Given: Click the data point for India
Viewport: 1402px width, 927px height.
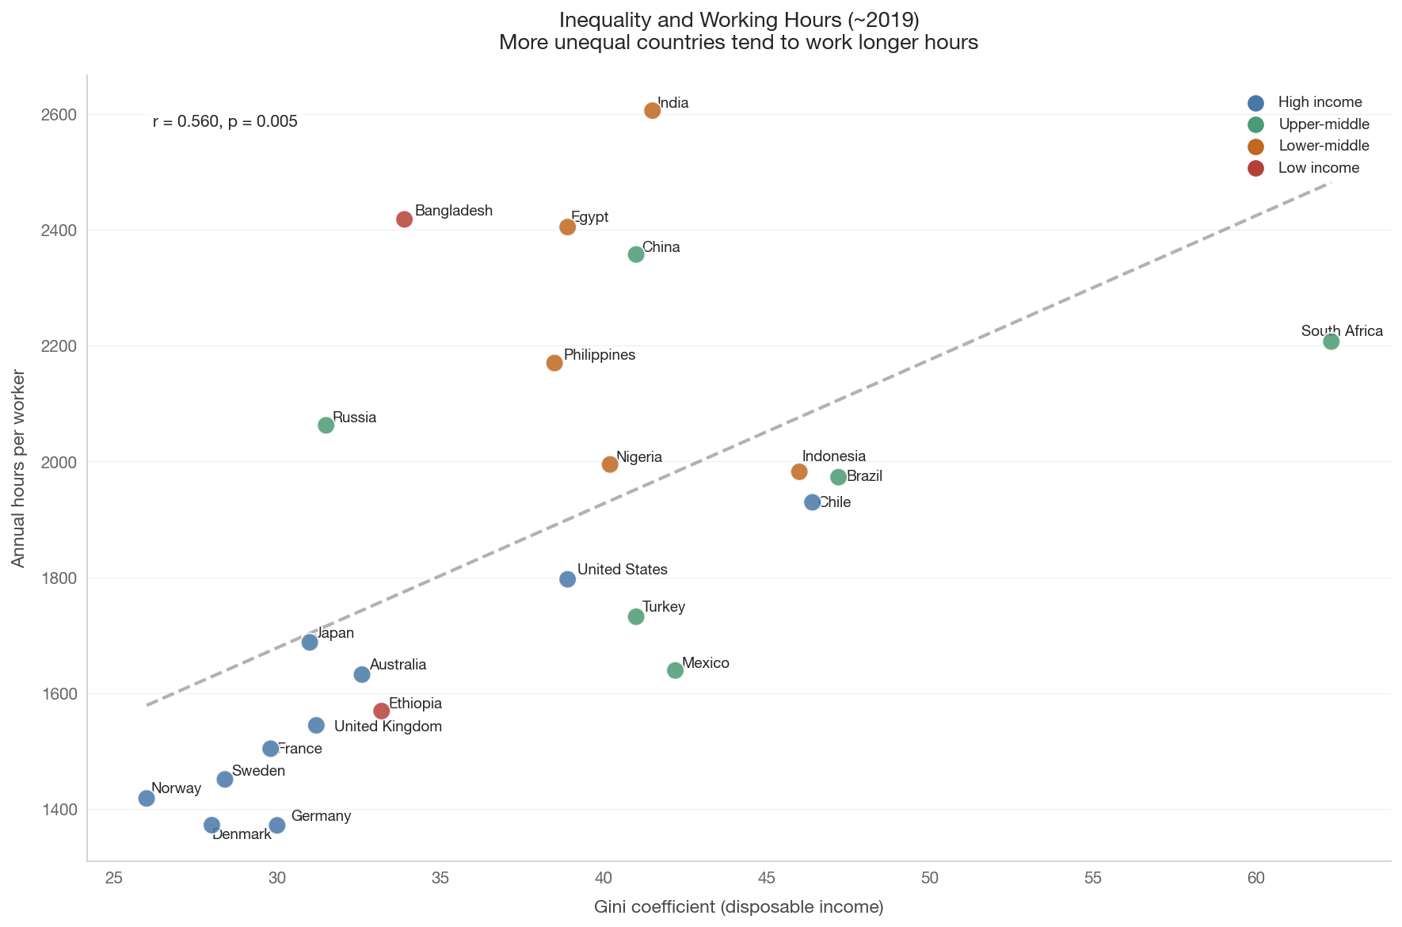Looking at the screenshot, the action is (x=652, y=110).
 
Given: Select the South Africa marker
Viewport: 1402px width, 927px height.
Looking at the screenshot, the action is (x=1331, y=341).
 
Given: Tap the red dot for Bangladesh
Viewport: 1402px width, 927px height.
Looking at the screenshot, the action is (x=404, y=219).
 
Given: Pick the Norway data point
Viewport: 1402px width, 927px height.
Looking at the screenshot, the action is (x=147, y=798).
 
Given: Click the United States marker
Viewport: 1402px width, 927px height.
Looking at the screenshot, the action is (x=567, y=579).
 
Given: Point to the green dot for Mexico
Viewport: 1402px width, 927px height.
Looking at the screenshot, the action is (x=675, y=670).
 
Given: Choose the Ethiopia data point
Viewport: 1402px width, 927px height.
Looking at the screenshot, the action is (x=381, y=711).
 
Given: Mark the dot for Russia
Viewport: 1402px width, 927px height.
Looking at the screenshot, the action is (x=326, y=425).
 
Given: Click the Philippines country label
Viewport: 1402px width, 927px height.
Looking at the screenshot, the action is (x=600, y=355).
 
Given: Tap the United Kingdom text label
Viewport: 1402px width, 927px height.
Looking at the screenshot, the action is (x=388, y=727).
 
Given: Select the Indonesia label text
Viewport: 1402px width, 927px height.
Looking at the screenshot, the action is (x=834, y=456).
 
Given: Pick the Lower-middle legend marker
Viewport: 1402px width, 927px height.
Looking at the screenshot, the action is (x=1255, y=146).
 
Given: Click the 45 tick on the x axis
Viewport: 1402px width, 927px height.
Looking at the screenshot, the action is (x=767, y=878).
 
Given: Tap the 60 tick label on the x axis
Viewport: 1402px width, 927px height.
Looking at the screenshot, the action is (x=1256, y=878).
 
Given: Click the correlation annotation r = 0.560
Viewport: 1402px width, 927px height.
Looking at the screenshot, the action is (x=225, y=122).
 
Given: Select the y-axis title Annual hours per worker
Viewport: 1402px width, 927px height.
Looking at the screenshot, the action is (x=18, y=468).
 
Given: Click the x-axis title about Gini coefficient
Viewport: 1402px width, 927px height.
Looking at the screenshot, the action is (x=739, y=907).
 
